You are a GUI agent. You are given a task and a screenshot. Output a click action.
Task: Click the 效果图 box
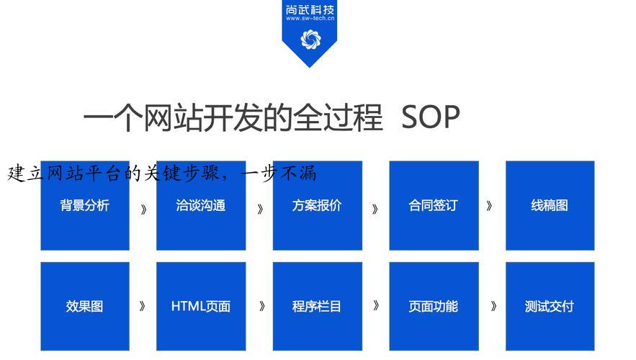click(85, 306)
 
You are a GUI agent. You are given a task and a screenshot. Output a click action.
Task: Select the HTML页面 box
click(201, 306)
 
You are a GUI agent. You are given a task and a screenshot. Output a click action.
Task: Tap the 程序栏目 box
click(317, 306)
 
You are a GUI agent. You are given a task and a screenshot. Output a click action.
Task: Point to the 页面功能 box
click(434, 306)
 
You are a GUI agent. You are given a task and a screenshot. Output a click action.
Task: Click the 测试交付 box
click(550, 306)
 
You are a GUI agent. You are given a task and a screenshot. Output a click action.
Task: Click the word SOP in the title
click(430, 117)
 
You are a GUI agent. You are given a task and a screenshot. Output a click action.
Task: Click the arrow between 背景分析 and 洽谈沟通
click(143, 210)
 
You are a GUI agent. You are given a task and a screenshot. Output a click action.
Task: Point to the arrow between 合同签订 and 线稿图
click(489, 206)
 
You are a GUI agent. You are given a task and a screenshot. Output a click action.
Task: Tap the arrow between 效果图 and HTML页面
click(143, 306)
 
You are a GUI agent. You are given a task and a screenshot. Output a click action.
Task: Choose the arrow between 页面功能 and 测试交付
click(493, 306)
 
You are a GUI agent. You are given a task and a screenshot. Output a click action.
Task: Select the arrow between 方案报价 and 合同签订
click(375, 210)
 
